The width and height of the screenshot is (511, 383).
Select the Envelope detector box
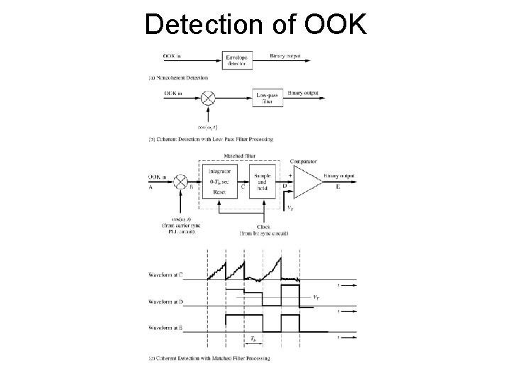coord(237,60)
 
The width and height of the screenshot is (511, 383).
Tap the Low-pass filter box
coord(268,98)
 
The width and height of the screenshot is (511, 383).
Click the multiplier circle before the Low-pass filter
coord(208,96)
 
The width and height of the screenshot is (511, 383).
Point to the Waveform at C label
coord(166,274)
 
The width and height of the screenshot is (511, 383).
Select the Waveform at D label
coord(166,302)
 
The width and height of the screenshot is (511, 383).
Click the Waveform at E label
coord(166,328)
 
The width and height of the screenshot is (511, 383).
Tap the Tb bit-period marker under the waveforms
coord(253,340)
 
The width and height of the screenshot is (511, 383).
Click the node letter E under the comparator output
coord(338,188)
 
